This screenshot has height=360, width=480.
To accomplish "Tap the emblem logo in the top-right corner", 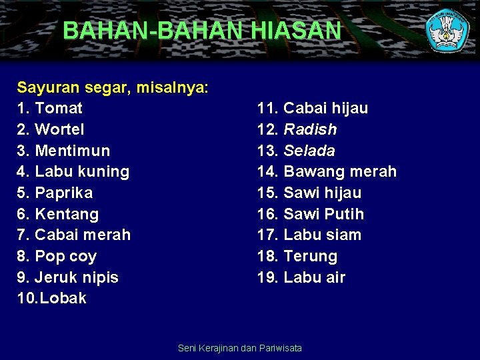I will (x=448, y=29).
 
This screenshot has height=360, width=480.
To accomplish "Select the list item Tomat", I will (x=59, y=108).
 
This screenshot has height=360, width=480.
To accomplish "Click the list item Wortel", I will (x=59, y=129).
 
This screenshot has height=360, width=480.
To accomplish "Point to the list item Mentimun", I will (x=72, y=151).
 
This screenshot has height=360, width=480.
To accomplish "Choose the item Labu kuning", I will (x=82, y=171).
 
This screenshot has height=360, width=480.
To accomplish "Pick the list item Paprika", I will (x=64, y=193).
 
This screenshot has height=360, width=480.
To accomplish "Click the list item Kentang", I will (x=67, y=214).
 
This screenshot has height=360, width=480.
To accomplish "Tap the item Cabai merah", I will (x=83, y=235).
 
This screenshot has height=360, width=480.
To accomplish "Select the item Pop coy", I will (x=65, y=256).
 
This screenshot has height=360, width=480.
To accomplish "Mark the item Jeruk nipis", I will (x=77, y=277).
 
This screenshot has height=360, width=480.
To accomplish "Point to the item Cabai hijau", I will (x=325, y=108).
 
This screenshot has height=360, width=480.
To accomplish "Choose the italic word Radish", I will (x=310, y=129).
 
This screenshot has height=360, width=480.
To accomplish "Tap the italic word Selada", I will (x=309, y=151).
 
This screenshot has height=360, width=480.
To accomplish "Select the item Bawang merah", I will (x=340, y=171).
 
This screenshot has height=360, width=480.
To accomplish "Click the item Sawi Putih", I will (x=324, y=214).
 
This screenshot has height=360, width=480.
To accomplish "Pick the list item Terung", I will (x=311, y=256).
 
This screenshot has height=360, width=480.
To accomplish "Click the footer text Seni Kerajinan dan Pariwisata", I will (x=240, y=348).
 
